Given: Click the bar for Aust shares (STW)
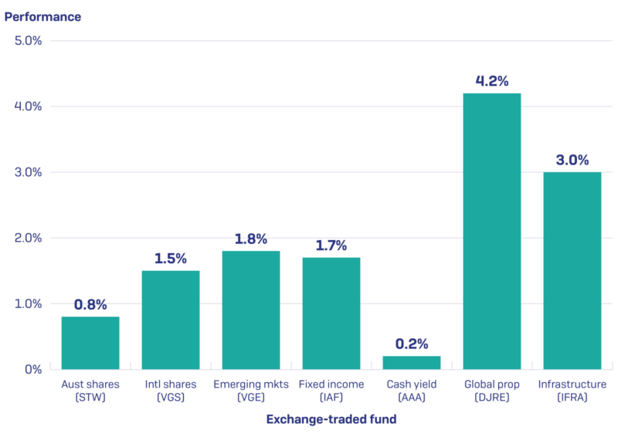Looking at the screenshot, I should coord(90,343).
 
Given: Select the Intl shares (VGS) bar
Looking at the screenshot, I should coord(171,320).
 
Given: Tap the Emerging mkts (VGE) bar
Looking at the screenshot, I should coord(251,310).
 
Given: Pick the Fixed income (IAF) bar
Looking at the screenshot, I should coord(331,313).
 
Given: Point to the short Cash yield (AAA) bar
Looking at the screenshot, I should coord(412,362).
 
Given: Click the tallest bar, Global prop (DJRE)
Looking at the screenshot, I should coord(492,231).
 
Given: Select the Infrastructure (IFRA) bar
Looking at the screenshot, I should coord(572,270).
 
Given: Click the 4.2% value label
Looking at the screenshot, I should coord(492,80).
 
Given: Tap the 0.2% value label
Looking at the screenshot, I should coord(412,344).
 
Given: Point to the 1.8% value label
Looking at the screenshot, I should coord(251,239).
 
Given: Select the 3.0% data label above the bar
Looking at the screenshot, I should coord(572,160).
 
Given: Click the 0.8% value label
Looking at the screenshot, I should coord(90,304).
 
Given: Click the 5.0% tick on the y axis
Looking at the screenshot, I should coord(28,40).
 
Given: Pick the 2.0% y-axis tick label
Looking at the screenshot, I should coord(28,238).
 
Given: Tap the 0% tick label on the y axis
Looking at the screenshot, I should coord(32,369).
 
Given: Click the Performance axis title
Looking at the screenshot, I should coord(43,15).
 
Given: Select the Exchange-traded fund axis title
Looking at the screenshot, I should coord(331,419).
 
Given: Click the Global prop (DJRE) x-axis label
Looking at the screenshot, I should coord(492,391).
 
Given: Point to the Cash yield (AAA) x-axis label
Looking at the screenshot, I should coord(412,391).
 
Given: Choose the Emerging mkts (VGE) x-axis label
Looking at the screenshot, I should coord(251,391).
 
